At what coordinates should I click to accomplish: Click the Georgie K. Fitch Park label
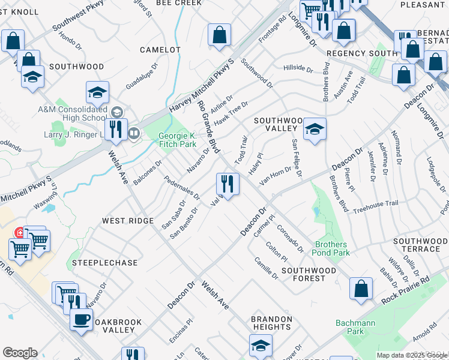[x=178, y=140]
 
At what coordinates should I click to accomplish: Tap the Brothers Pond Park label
[x=331, y=248]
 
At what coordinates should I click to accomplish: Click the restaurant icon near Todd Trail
[x=228, y=182]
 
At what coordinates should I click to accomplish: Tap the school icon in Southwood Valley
[x=314, y=129]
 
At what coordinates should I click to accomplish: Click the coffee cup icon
[x=82, y=319]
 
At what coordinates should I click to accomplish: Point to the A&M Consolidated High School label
[x=71, y=113]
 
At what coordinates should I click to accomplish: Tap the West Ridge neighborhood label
[x=128, y=221]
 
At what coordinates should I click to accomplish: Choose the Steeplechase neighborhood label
[x=104, y=263]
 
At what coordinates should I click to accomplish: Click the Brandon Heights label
[x=271, y=323]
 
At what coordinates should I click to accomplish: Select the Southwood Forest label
[x=309, y=274]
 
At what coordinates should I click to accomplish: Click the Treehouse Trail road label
[x=375, y=206]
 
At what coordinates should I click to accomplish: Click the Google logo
[x=20, y=353]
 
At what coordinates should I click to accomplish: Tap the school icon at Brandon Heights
[x=260, y=345]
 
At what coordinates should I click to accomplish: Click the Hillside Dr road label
[x=298, y=69]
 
